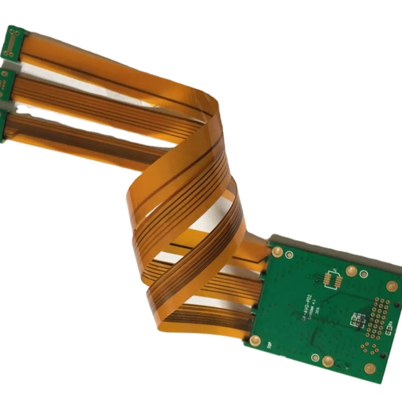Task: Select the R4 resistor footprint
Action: coord(388,331)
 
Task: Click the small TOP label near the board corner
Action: coord(269,346)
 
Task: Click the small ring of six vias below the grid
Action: coord(368,346)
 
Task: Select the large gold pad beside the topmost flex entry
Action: coord(277,252)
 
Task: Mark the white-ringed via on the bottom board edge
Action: coord(316,357)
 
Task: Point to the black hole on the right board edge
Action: coord(385,355)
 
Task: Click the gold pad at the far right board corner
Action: coord(392,286)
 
